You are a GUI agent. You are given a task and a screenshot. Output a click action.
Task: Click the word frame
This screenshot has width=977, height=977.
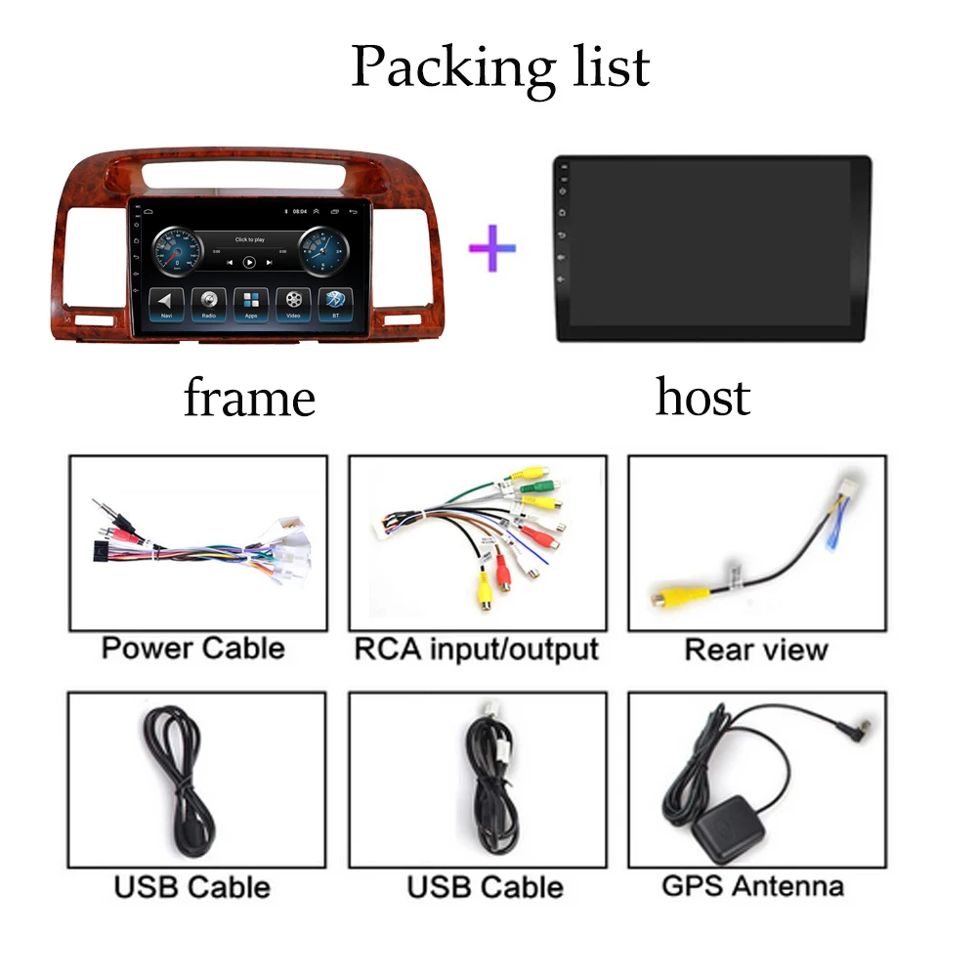click(249, 399)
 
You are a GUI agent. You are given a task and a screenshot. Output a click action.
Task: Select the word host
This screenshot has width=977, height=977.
click(702, 398)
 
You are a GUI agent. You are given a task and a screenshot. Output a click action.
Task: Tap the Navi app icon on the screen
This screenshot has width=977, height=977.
click(167, 303)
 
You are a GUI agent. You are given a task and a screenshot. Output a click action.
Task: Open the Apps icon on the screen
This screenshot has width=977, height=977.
click(251, 303)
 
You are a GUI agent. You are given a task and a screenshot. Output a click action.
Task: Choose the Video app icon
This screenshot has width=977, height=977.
click(293, 303)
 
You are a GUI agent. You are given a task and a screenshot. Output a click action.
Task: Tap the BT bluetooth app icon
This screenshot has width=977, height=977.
click(335, 303)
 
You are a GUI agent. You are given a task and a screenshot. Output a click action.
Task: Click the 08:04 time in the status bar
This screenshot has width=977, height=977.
click(301, 211)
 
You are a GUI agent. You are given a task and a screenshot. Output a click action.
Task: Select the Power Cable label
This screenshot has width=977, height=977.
click(193, 648)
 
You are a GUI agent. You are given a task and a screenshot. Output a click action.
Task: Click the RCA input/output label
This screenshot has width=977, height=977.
click(476, 648)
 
